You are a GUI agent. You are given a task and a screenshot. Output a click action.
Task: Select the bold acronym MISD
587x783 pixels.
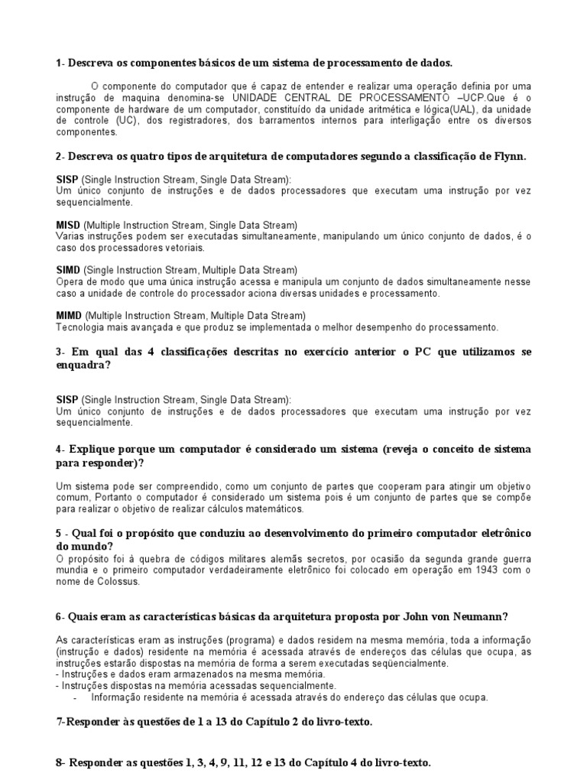coord(68,225)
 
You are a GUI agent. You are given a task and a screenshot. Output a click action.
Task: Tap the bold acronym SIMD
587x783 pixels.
coord(68,270)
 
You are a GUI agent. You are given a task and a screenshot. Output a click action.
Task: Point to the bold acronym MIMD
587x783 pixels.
coord(69,315)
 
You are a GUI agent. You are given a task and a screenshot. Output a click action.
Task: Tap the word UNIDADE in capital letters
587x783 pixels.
coord(260,99)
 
